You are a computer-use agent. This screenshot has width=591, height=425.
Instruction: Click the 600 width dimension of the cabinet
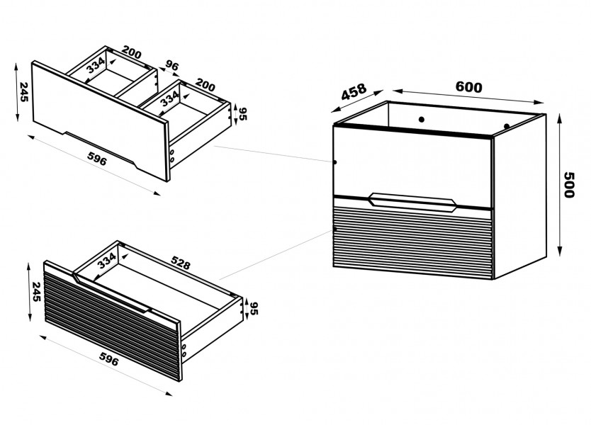468,87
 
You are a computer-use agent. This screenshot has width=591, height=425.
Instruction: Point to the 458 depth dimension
354,91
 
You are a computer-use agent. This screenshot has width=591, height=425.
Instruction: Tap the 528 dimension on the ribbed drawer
181,263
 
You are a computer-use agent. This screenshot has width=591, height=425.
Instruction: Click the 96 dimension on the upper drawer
171,66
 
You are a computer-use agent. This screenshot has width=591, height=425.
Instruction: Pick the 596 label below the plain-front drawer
97,158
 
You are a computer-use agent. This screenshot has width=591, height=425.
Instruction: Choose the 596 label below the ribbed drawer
109,358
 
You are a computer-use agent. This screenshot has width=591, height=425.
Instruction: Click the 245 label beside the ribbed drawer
36,291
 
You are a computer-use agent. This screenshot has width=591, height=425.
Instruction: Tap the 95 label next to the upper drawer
242,114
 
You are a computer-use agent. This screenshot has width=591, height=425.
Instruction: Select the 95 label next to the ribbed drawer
254,308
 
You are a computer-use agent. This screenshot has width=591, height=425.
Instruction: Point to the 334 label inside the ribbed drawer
107,261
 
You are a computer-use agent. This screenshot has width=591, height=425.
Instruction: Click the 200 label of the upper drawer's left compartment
132,52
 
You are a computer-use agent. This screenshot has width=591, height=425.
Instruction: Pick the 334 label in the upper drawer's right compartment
169,99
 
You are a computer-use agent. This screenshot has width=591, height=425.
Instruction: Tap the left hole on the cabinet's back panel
422,120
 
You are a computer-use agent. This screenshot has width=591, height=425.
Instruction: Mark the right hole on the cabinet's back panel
507,126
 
